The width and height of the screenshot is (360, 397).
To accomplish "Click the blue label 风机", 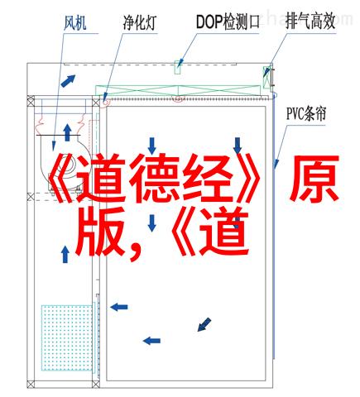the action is [x=75, y=22].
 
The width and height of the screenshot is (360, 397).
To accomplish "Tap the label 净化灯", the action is [x=139, y=22].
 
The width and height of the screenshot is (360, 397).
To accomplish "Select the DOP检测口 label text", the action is [x=228, y=22].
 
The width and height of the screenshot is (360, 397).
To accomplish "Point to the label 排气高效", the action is [x=310, y=21].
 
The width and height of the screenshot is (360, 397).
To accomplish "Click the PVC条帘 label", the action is [x=306, y=113].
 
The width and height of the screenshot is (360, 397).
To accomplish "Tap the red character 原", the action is [x=314, y=179].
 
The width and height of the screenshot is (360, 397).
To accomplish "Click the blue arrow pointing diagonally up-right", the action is [x=68, y=81].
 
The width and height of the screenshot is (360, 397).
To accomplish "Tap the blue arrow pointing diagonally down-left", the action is [x=204, y=324].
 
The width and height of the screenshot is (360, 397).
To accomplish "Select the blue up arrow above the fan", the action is [x=67, y=132].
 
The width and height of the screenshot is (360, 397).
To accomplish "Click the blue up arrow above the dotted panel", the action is [x=65, y=254].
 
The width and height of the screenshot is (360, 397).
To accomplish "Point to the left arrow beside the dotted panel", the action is [x=119, y=307].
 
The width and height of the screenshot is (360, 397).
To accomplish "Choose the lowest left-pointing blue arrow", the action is [x=151, y=341].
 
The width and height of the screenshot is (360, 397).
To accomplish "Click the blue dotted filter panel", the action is [x=66, y=337].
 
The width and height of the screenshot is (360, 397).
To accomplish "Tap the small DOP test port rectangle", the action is [x=177, y=67].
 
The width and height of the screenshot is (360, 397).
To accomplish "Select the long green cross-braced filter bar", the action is [x=178, y=90].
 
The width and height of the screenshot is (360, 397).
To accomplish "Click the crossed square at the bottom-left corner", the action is [x=31, y=384].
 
